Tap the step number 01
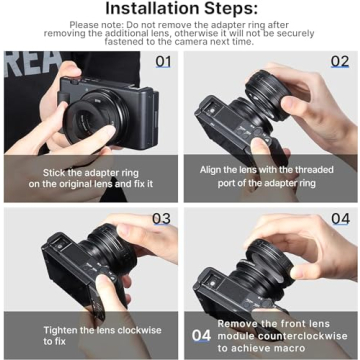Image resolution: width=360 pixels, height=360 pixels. [x=162, y=61]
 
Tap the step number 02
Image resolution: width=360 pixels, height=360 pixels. [x=341, y=61]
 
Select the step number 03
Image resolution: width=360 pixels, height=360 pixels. [x=162, y=218]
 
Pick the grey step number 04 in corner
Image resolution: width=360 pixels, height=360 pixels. [x=341, y=218]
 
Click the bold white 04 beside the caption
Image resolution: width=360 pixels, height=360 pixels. [x=201, y=337]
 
